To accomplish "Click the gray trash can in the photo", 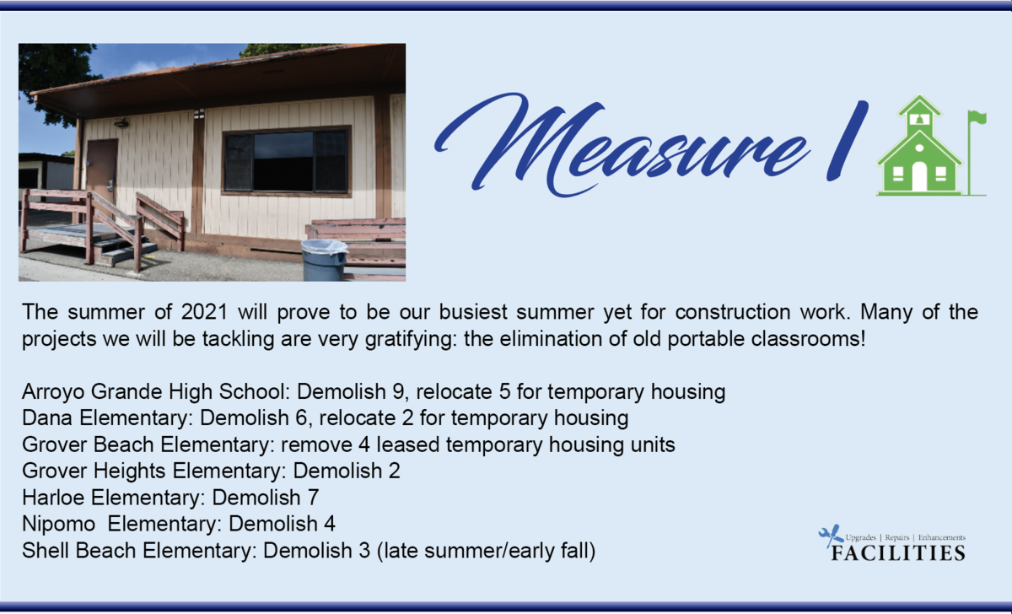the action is pyautogui.click(x=325, y=260).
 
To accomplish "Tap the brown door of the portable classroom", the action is pyautogui.click(x=103, y=172).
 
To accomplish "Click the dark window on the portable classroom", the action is pyautogui.click(x=287, y=161).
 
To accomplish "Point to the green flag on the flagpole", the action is pyautogui.click(x=978, y=117).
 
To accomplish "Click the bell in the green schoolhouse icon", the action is pyautogui.click(x=919, y=119).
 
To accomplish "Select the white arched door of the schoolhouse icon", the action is pyautogui.click(x=919, y=176).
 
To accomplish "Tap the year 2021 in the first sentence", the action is pyautogui.click(x=204, y=312).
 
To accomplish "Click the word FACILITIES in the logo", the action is pyautogui.click(x=898, y=553).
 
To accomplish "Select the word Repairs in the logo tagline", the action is pyautogui.click(x=896, y=537).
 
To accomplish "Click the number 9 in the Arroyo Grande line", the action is pyautogui.click(x=398, y=391).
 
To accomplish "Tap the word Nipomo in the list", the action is pyautogui.click(x=58, y=524).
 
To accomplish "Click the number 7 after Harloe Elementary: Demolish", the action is pyautogui.click(x=314, y=497).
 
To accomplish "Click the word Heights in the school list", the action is pyautogui.click(x=129, y=471).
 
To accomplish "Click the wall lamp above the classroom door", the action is pyautogui.click(x=121, y=122).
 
